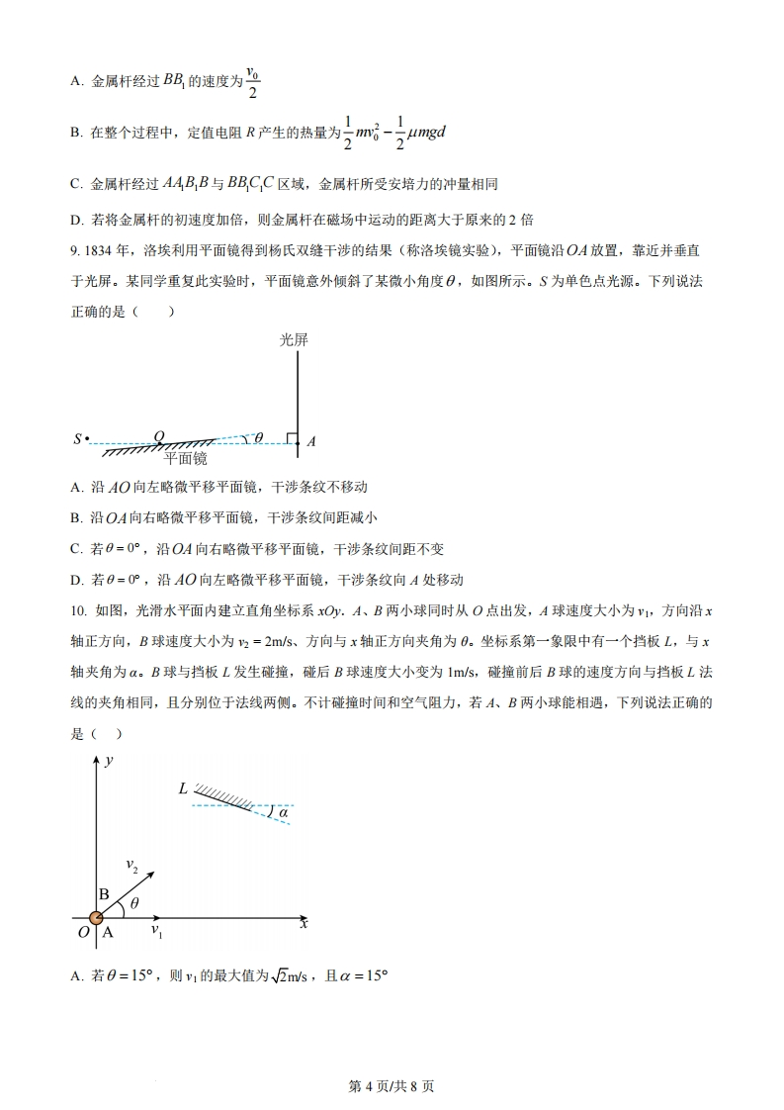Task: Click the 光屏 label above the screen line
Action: coord(294,339)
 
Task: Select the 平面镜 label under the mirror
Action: coord(185,459)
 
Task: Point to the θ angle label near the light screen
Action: coord(259,437)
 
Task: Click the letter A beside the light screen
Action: coord(310,442)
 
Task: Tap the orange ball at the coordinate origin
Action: coord(96,919)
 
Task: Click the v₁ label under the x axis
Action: coord(156,931)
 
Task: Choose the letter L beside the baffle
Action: coord(183,788)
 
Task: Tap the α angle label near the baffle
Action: coord(282,813)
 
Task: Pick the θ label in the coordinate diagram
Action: coord(134,902)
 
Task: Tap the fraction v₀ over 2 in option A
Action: coord(252,82)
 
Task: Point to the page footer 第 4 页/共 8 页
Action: coord(392,1086)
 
